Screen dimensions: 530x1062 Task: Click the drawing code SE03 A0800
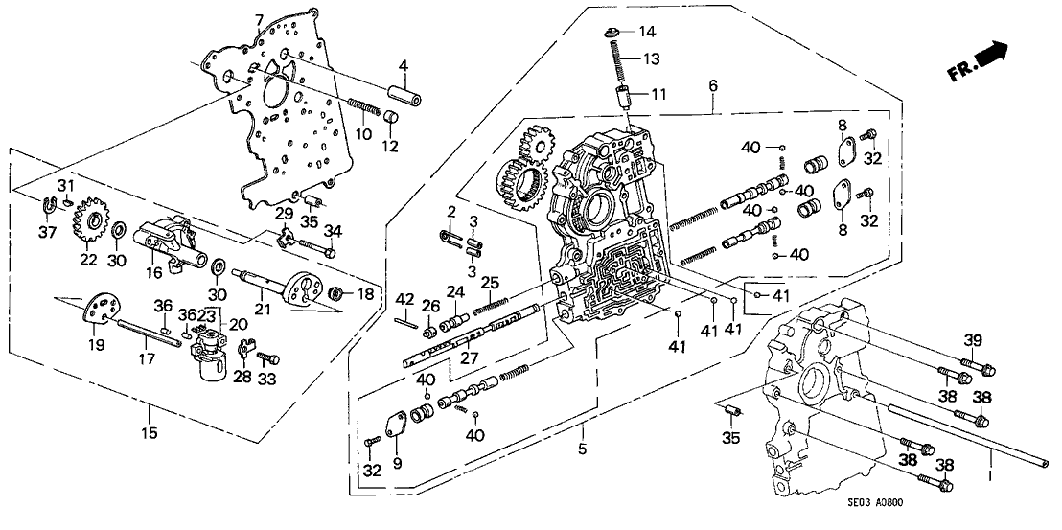[x=999, y=513]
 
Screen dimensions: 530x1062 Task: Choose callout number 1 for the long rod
[x=993, y=474]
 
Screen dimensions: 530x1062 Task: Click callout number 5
[x=582, y=449]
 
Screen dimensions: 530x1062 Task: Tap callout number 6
[x=712, y=86]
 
